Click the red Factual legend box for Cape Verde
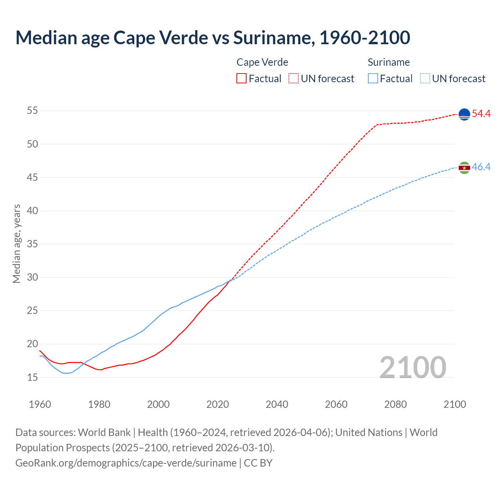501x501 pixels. pos(241,78)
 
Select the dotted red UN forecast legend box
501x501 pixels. pos(294,78)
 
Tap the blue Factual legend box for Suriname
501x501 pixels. pos(373,78)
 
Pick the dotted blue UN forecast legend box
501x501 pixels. pos(425,78)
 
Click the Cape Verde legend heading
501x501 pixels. pos(262,62)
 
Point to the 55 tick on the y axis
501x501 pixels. pos(32,111)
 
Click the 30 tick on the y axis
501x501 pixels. pos(32,278)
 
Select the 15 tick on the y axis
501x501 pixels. pos(32,377)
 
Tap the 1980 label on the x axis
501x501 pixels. pos(99,404)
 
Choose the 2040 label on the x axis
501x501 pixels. pos(277,404)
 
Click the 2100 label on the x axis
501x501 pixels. pos(454,404)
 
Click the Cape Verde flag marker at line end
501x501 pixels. pos(464,114)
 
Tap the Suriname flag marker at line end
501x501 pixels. pos(464,168)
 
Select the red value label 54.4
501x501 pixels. pos(481,114)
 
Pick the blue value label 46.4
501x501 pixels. pos(481,167)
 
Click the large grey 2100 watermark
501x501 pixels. pos(413,368)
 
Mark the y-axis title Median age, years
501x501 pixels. pos(16,243)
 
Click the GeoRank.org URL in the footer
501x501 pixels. pos(126,463)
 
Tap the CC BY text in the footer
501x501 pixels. pos(258,463)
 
